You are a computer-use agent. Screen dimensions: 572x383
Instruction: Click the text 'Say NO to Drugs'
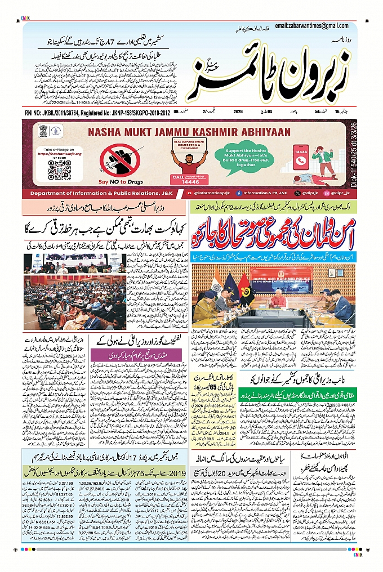pos(118,182)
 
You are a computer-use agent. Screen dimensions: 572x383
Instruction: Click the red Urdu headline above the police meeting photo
pos(273,233)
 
